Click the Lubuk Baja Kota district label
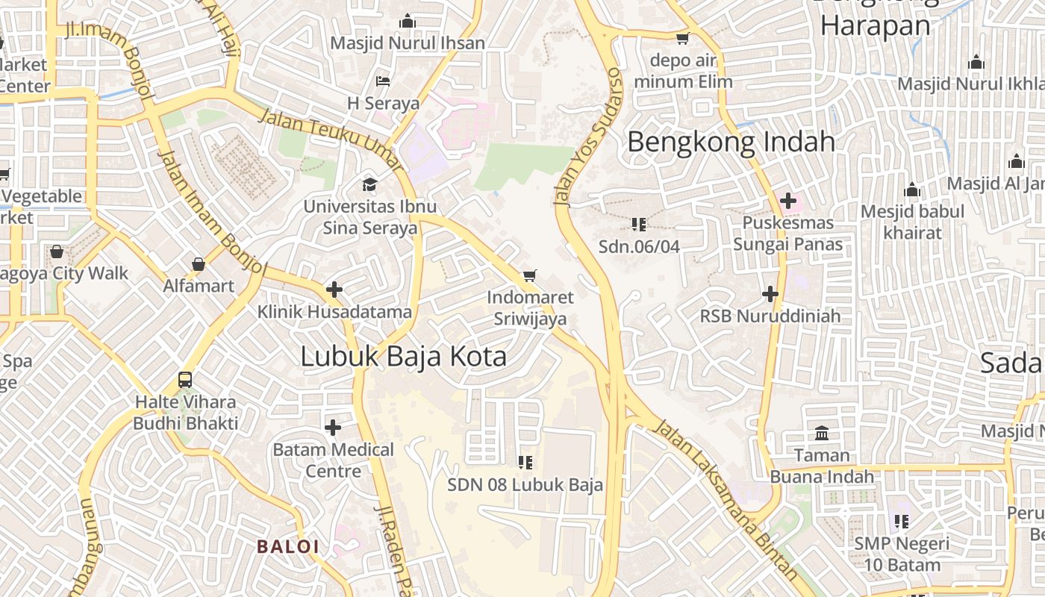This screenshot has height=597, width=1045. click(x=403, y=357)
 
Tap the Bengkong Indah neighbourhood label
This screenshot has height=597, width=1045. click(x=731, y=142)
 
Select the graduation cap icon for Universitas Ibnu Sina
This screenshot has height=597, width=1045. click(x=369, y=184)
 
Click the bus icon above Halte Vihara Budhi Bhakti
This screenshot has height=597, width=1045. click(x=185, y=380)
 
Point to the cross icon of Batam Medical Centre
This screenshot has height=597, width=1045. click(x=333, y=428)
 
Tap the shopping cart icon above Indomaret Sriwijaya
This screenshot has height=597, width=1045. click(x=530, y=276)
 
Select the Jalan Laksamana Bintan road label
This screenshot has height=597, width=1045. click(x=725, y=498)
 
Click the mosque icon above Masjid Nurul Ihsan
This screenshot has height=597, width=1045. click(x=408, y=21)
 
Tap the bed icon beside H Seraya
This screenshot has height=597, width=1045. click(x=383, y=81)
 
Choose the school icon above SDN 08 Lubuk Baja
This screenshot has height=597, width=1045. click(x=525, y=463)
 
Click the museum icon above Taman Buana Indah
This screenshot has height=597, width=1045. click(x=822, y=433)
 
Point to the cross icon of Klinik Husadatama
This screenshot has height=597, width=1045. click(x=334, y=290)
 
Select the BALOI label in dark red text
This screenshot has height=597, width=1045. click(x=288, y=547)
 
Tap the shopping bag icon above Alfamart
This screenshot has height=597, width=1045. click(x=199, y=264)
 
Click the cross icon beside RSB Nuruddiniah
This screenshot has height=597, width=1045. click(x=770, y=294)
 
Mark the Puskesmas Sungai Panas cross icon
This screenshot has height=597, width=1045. click(x=787, y=200)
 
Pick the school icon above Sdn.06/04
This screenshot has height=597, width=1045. click(x=638, y=224)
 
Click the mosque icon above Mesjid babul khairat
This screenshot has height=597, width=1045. click(x=911, y=190)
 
